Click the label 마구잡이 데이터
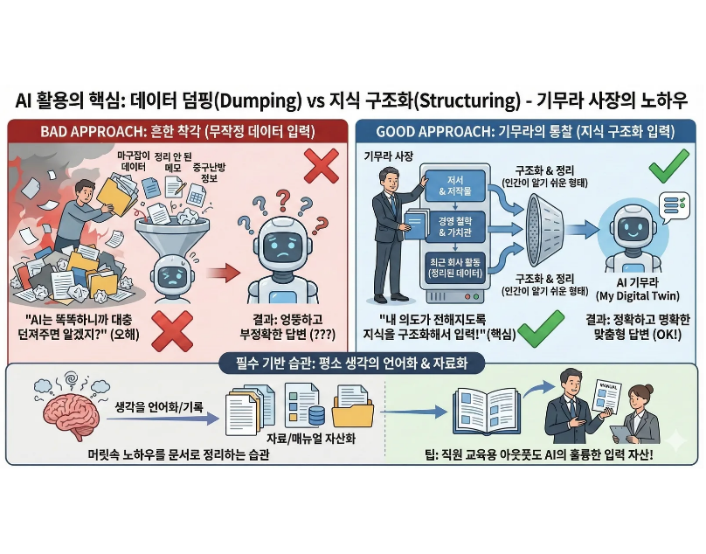(x=134, y=160)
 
